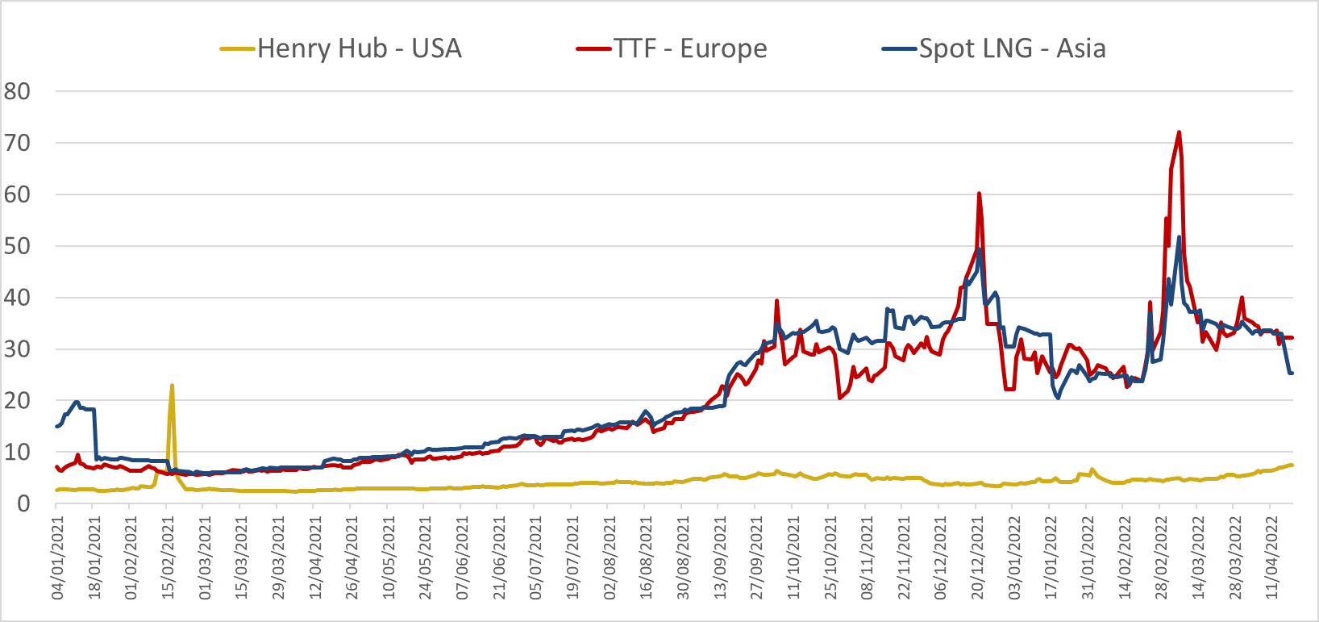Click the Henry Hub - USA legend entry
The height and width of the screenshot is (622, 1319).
coord(359,48)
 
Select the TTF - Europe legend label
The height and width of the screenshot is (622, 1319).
coord(690,48)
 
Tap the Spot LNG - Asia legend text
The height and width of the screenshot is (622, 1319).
coord(1012,48)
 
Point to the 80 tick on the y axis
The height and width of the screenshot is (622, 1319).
coord(17,91)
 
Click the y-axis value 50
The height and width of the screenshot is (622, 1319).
coord(17,246)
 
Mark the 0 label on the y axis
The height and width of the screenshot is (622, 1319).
coord(23,503)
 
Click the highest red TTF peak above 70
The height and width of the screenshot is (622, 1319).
coord(1180,132)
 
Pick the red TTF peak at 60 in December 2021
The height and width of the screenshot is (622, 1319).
coord(979,194)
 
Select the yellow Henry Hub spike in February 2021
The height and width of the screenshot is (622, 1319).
coord(172,386)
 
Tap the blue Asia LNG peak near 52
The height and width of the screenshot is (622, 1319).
coord(1179,237)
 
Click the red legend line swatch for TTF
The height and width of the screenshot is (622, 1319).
coord(594,49)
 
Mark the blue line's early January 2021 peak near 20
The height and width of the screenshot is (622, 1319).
coord(77,402)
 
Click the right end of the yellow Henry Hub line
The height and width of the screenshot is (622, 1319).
coord(1292,465)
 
